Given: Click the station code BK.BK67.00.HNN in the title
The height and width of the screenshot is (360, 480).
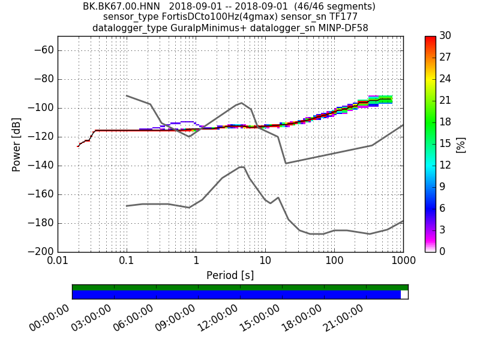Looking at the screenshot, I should pyautogui.click(x=121, y=7).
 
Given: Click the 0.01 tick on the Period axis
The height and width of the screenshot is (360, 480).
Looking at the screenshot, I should pyautogui.click(x=58, y=262).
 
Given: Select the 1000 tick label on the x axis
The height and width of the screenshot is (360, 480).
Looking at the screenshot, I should pyautogui.click(x=403, y=262).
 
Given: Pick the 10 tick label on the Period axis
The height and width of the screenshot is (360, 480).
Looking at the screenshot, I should pyautogui.click(x=265, y=262).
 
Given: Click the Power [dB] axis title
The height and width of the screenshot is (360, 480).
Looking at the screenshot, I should pyautogui.click(x=17, y=144).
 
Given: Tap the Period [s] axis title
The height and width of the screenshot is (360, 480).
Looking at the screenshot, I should pyautogui.click(x=230, y=275).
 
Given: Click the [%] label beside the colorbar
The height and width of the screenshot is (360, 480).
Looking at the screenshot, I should pyautogui.click(x=461, y=145).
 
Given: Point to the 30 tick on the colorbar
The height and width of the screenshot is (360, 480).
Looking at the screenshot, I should pyautogui.click(x=446, y=36).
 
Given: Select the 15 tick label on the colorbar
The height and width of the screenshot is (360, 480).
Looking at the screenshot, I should pyautogui.click(x=446, y=144).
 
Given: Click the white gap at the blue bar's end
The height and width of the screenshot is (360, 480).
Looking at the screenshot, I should pyautogui.click(x=404, y=295).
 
